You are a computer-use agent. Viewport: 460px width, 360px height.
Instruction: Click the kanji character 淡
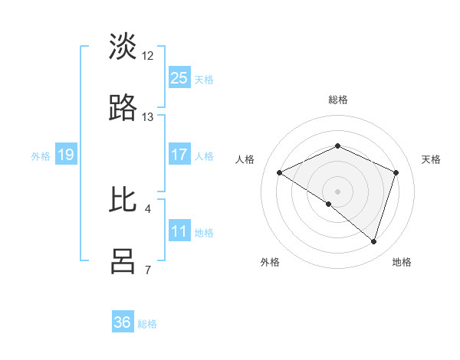123,47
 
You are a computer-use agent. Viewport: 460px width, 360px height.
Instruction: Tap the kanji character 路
123,109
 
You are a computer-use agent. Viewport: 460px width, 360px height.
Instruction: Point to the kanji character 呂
123,260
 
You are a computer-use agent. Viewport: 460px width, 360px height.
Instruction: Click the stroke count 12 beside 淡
148,56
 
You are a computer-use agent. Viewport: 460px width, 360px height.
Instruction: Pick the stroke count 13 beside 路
148,117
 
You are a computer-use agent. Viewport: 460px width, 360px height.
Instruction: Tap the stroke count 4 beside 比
148,208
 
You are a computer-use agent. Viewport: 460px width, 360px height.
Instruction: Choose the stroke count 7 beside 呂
148,270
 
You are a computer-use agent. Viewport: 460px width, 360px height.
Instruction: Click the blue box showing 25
179,78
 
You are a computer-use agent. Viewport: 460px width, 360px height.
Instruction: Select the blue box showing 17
179,155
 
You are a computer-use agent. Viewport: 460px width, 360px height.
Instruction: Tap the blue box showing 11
179,231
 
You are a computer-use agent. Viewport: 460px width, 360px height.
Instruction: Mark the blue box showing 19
66,155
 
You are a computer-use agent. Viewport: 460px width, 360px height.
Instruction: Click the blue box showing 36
123,322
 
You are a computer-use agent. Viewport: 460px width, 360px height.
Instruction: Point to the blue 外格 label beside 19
41,156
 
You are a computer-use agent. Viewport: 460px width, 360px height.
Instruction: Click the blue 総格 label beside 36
147,324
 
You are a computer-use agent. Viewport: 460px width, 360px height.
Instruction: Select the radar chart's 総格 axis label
337,100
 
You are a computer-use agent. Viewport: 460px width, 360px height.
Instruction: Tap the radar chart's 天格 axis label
431,159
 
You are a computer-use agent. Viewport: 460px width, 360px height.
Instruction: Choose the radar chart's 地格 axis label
402,262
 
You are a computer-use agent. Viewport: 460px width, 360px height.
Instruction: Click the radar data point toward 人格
280,173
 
